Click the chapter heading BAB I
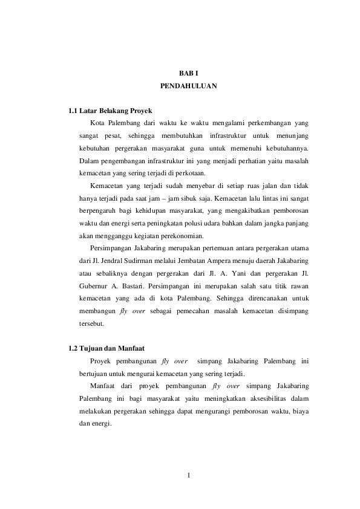[188, 73]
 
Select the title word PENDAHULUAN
[188, 86]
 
